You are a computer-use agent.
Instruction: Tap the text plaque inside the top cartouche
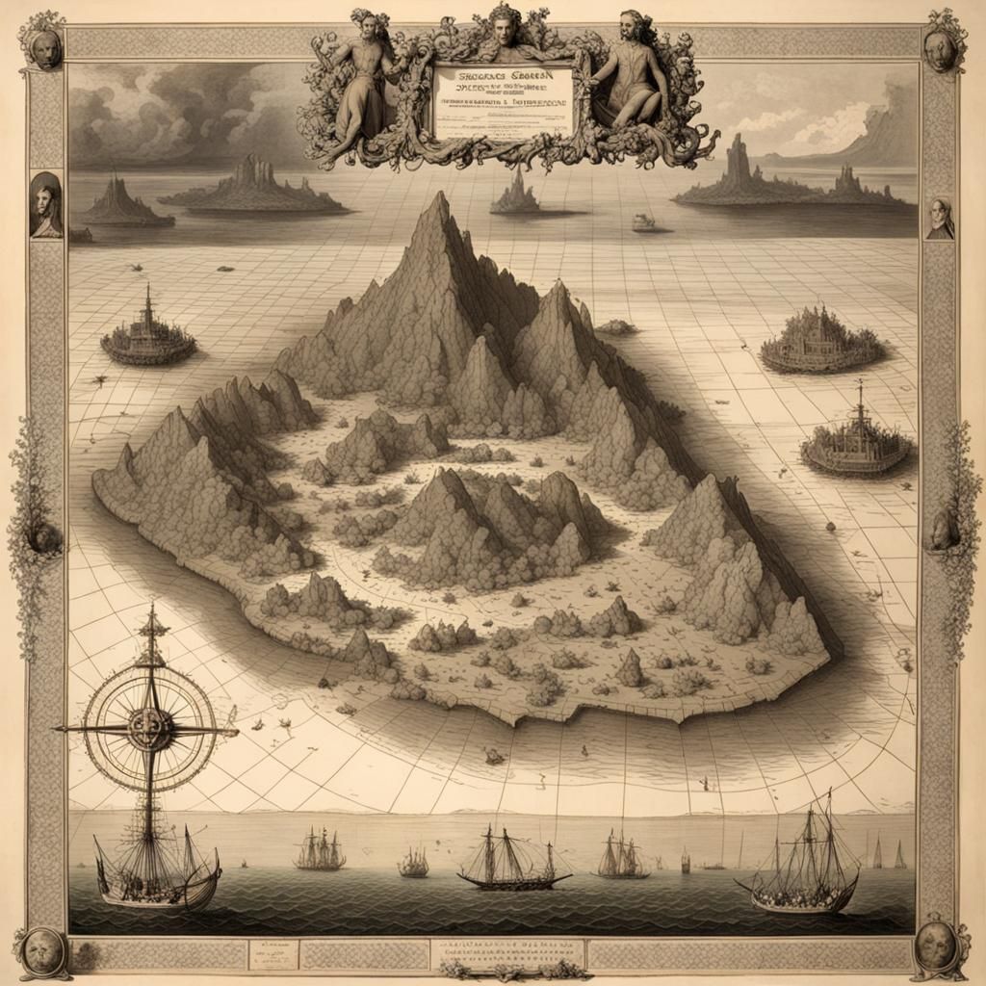[x=503, y=101]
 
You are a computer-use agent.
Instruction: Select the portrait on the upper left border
[x=45, y=206]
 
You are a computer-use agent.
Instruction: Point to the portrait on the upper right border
[x=940, y=220]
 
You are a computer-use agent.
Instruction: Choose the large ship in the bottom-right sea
[x=799, y=871]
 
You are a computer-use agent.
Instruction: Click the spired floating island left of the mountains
[x=148, y=336]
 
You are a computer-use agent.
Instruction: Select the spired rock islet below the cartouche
[x=516, y=193]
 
